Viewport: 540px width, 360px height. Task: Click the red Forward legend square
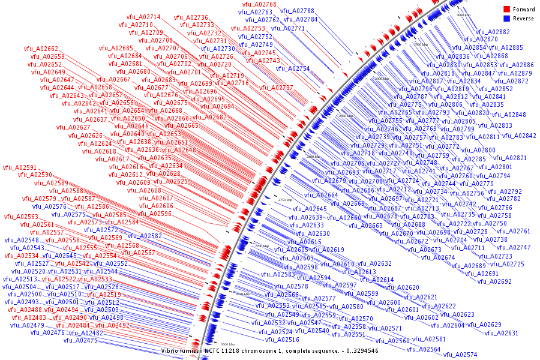click(x=507, y=10)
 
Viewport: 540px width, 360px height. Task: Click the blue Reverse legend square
click(x=507, y=19)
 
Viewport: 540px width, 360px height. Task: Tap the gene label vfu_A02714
click(x=143, y=17)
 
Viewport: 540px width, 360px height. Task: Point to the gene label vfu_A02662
click(x=41, y=49)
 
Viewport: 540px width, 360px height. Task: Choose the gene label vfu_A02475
click(x=80, y=340)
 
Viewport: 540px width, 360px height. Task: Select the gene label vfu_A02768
click(x=259, y=5)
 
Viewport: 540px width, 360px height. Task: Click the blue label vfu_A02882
click(x=493, y=32)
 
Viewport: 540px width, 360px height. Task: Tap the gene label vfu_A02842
click(x=519, y=136)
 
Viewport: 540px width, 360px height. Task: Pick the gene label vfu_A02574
click(x=460, y=355)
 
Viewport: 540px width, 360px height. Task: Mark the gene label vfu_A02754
click(x=293, y=68)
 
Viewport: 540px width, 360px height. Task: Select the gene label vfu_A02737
click(x=276, y=88)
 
